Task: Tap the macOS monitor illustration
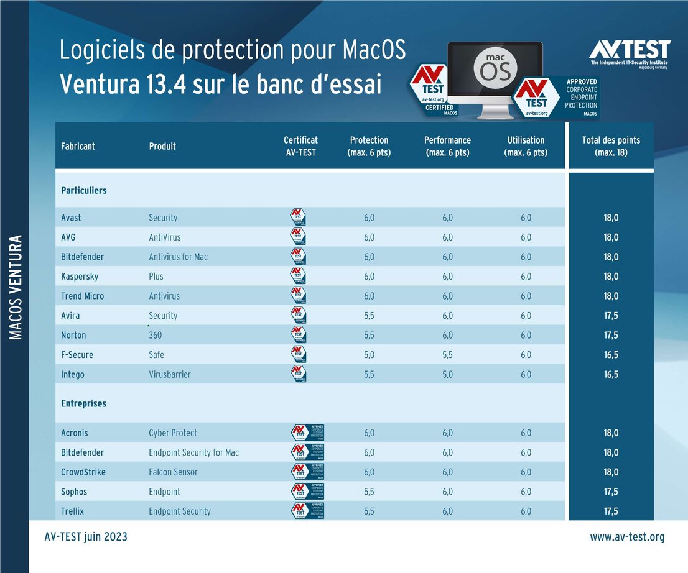tap(495, 78)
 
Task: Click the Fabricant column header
tap(78, 146)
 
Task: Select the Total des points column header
tap(611, 146)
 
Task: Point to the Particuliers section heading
tap(84, 190)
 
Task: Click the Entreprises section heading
tap(84, 403)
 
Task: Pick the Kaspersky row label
tap(80, 276)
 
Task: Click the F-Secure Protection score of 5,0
tap(369, 355)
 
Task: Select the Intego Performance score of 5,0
tap(447, 374)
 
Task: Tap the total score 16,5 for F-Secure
tap(611, 355)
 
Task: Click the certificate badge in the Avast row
tap(299, 218)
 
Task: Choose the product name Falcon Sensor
tap(173, 472)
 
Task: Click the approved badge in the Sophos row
tap(308, 492)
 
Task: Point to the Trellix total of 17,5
tap(611, 511)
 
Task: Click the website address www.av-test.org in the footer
tap(627, 537)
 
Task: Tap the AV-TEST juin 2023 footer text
tap(86, 537)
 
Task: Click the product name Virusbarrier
tap(170, 374)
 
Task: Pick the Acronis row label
tap(75, 433)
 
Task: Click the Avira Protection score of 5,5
tap(369, 316)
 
